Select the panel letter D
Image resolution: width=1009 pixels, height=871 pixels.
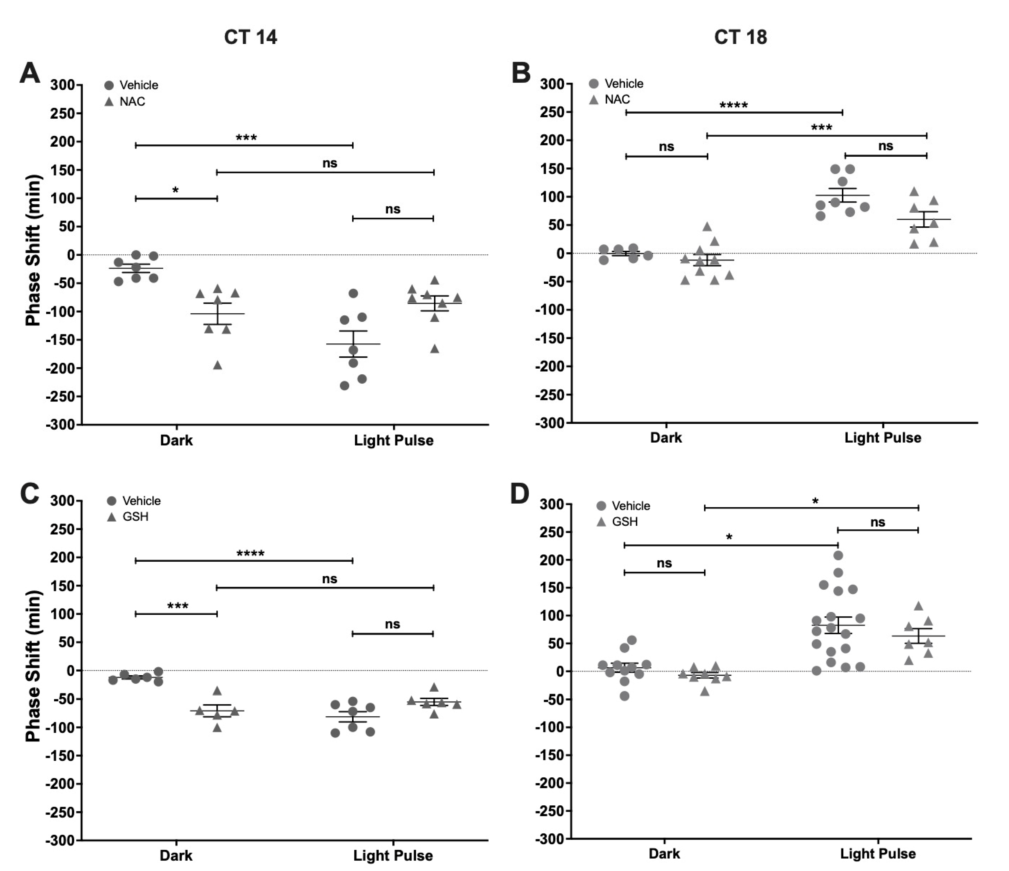(519, 495)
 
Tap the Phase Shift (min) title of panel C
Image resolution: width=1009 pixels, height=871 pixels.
(33, 666)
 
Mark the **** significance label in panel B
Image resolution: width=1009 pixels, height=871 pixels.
(733, 105)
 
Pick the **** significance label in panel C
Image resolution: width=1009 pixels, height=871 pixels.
(250, 554)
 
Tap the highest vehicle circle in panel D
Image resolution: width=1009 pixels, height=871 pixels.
(838, 555)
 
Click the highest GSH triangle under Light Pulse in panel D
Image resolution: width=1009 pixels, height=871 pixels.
(919, 606)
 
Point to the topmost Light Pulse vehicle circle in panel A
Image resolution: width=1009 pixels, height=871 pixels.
(353, 293)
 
